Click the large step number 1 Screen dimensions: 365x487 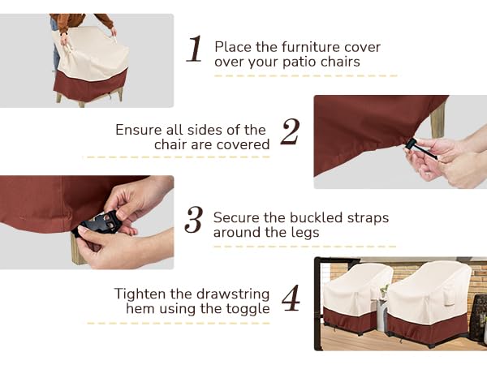tap(194, 49)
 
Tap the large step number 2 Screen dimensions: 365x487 tap(290, 132)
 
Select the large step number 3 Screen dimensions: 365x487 tap(193, 220)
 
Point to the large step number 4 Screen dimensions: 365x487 tap(291, 298)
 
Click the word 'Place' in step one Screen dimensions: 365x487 tap(231, 46)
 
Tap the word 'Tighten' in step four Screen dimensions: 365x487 tap(141, 294)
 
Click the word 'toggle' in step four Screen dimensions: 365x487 tap(248, 308)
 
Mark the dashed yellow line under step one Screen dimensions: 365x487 tap(305, 76)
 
